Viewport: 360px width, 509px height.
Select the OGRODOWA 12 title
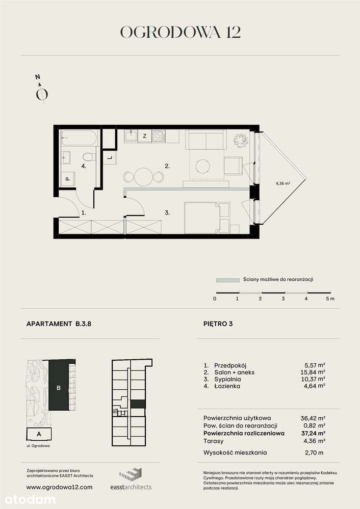tap(180, 32)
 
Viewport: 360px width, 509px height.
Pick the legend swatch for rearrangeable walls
tap(227, 280)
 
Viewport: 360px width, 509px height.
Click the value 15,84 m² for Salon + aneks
tap(313, 372)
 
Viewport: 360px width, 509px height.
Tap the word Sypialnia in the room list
tap(224, 379)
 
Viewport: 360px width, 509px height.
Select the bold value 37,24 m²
tap(313, 433)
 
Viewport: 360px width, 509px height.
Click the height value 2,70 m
tap(313, 452)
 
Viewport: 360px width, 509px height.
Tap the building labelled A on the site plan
tap(39, 434)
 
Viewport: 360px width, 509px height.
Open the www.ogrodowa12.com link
tap(59, 487)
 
